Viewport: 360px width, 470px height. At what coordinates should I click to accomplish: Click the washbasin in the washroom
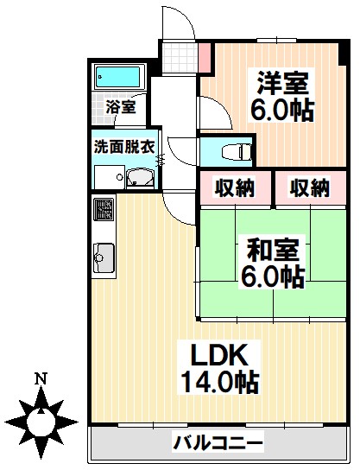click(x=138, y=178)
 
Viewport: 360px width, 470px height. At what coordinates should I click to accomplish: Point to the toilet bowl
click(x=232, y=151)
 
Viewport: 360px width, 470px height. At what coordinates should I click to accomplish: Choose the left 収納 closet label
click(x=235, y=187)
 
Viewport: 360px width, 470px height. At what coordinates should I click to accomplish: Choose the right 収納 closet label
click(x=308, y=187)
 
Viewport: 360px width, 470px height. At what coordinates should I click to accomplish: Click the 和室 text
click(x=273, y=251)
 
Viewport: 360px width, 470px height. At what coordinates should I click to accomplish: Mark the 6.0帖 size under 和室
click(x=273, y=277)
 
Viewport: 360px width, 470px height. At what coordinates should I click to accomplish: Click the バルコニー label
click(x=218, y=444)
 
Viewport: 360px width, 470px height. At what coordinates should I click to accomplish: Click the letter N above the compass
click(x=40, y=378)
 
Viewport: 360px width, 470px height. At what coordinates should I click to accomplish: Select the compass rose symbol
click(x=40, y=421)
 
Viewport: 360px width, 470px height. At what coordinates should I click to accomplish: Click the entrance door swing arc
click(x=177, y=22)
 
